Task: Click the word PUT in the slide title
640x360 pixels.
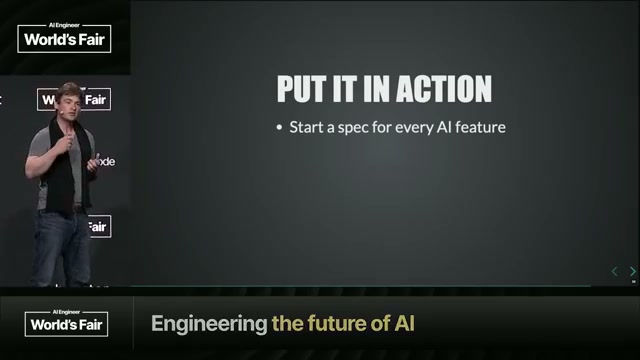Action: click(304, 88)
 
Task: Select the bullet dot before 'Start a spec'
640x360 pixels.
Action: click(280, 128)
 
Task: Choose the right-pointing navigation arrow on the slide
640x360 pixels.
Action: click(632, 271)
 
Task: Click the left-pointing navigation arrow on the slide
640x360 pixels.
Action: click(615, 271)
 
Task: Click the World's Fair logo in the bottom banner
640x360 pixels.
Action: click(67, 323)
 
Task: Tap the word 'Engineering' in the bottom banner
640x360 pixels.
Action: click(208, 324)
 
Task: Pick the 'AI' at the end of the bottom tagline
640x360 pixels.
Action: click(402, 324)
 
